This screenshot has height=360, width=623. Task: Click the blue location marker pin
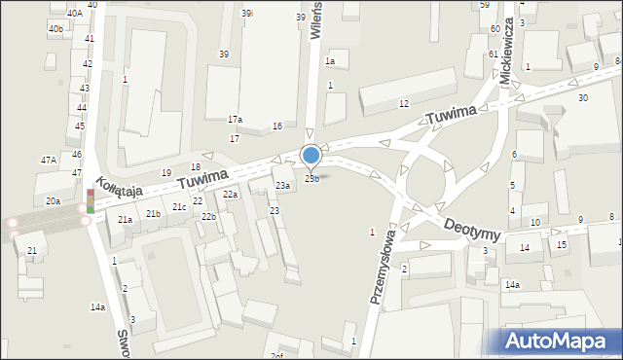tap(311, 155)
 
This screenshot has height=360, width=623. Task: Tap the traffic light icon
tap(90, 200)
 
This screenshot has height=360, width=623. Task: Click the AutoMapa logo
tap(556, 341)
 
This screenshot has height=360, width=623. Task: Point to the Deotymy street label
tap(471, 230)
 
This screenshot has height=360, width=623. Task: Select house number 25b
tap(311, 178)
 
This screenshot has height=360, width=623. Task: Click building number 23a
tap(282, 185)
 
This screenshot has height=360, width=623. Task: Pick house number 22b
tap(208, 216)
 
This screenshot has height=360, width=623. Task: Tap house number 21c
tap(179, 207)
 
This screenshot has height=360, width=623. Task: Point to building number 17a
tap(235, 120)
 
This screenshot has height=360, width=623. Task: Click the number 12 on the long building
tap(403, 103)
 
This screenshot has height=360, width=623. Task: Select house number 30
tap(582, 98)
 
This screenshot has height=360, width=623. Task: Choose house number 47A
tap(48, 160)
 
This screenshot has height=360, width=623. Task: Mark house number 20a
tap(53, 201)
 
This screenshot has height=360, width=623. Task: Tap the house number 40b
tap(55, 29)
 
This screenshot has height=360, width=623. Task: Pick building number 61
tap(494, 54)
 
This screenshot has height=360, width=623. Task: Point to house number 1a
tap(330, 61)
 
